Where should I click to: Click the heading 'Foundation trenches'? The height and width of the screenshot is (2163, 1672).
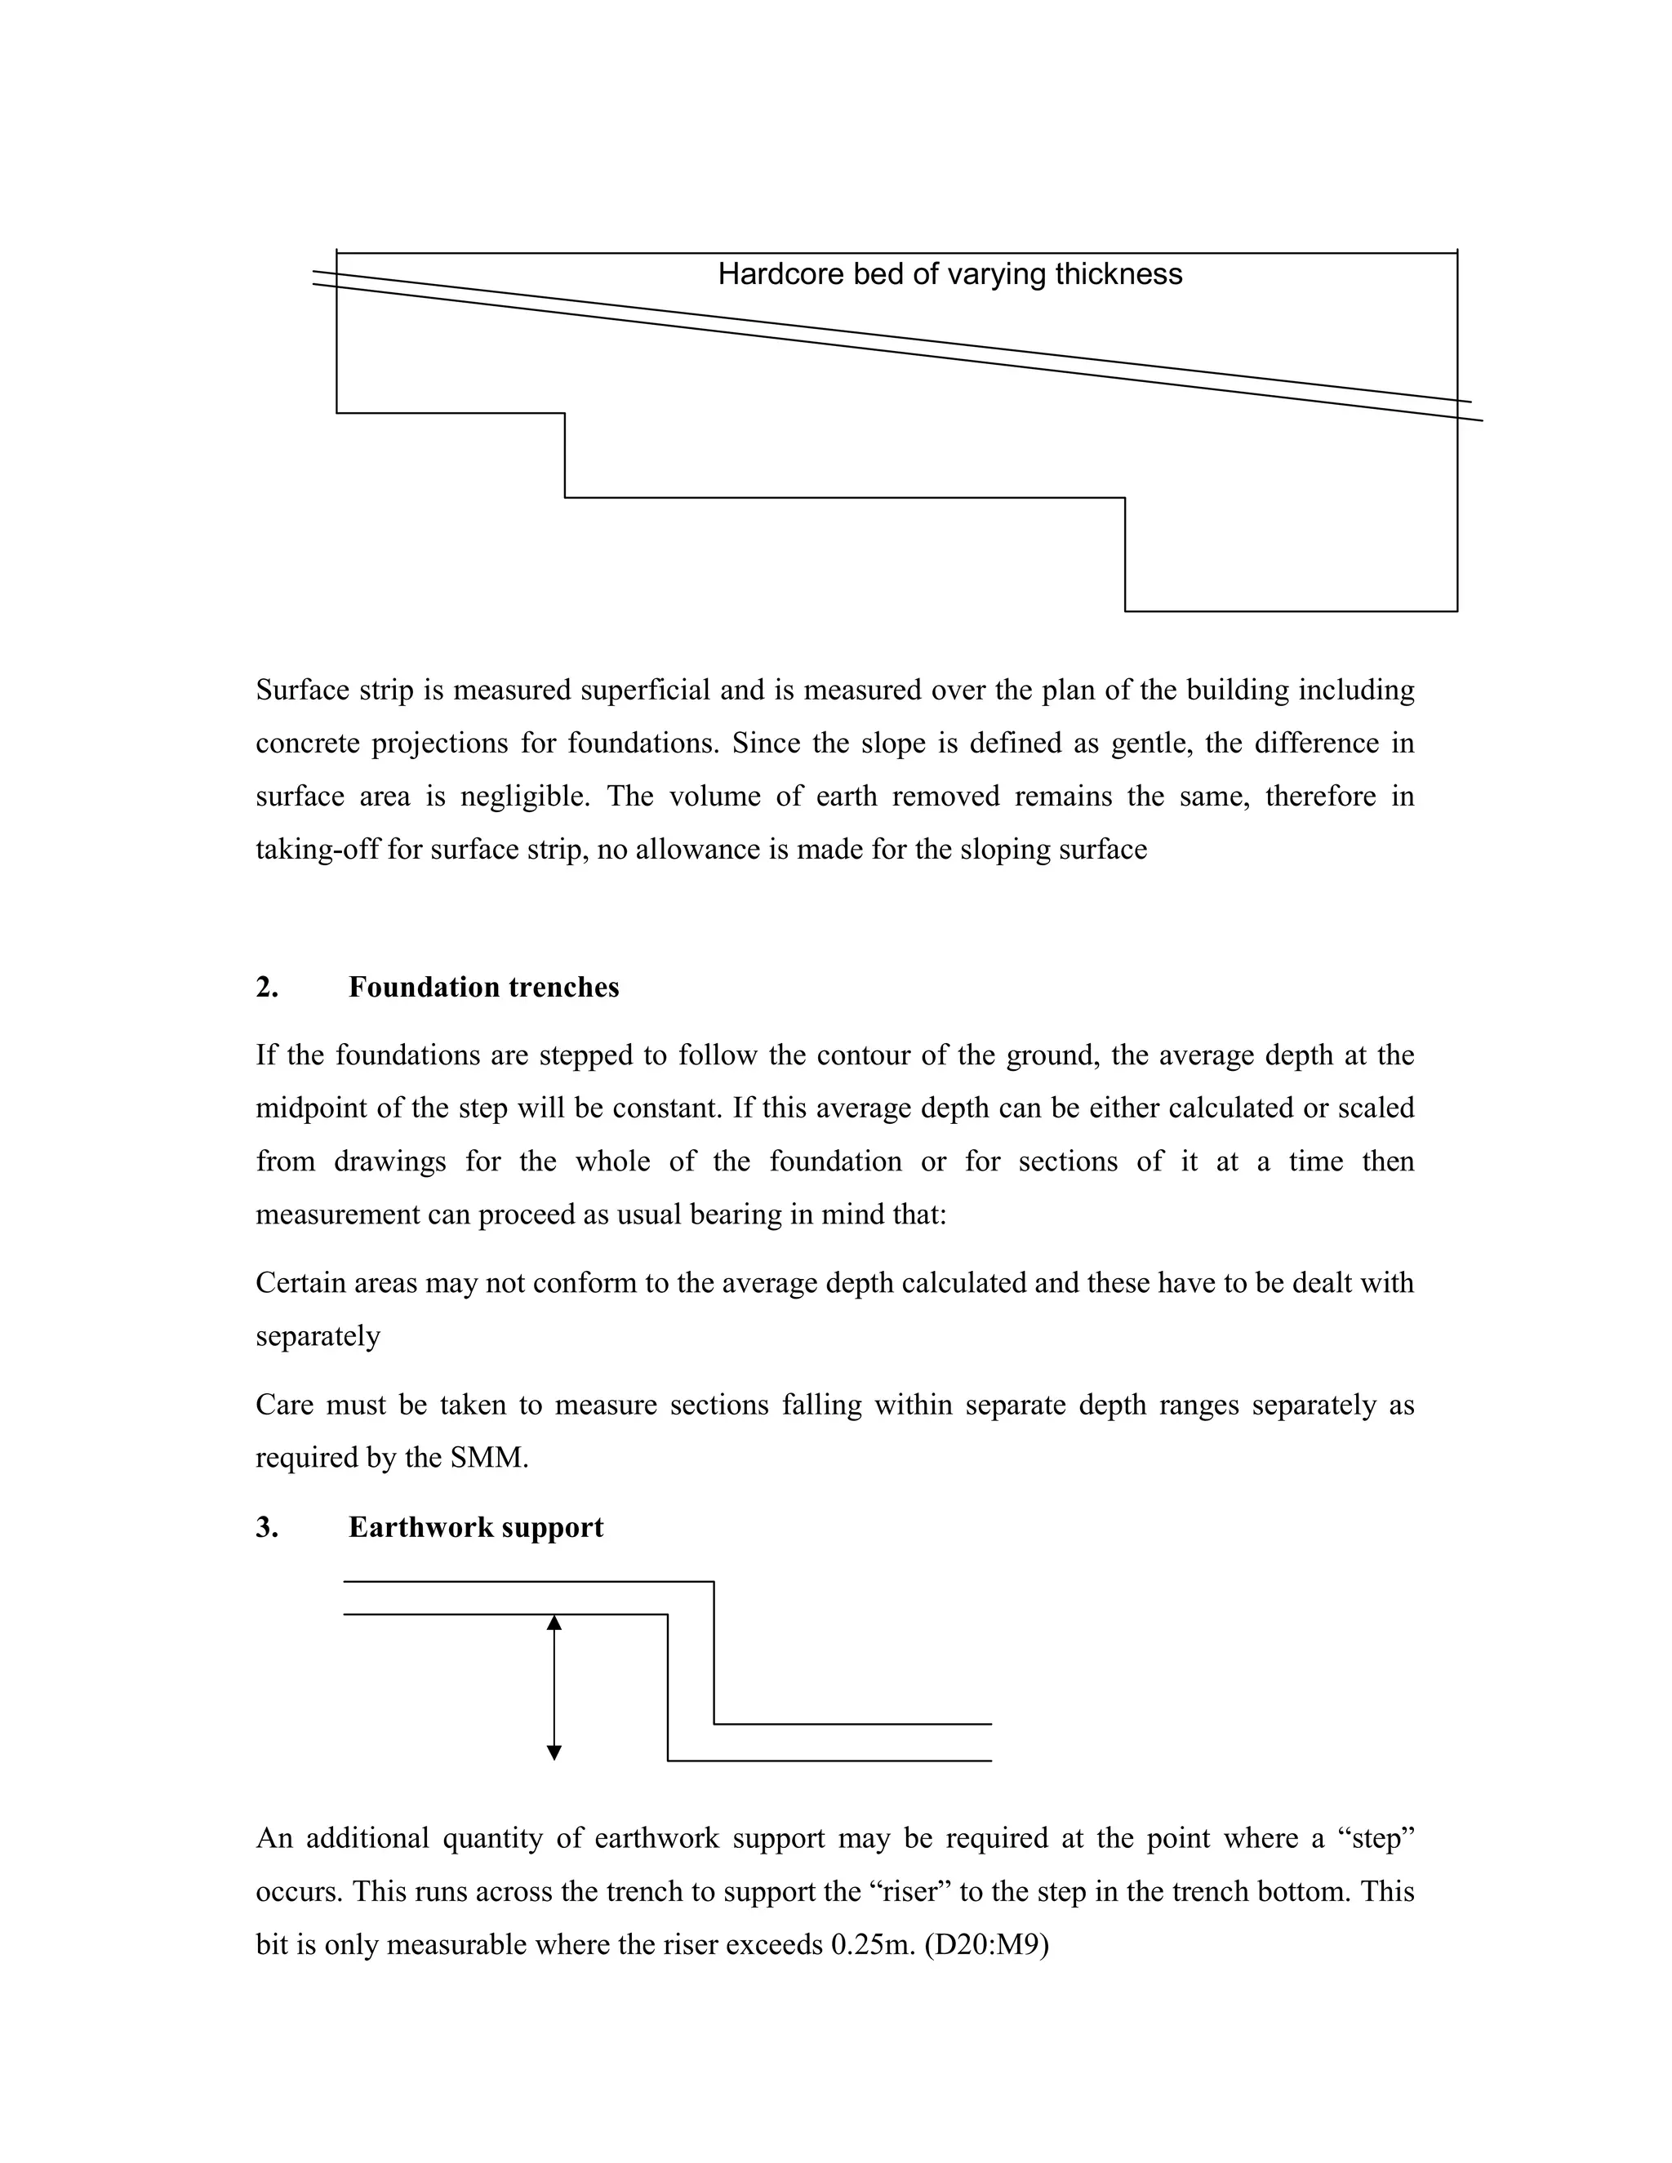coord(483,988)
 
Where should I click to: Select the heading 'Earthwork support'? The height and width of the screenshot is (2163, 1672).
coord(475,1527)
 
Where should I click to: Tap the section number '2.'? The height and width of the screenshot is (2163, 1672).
coord(266,988)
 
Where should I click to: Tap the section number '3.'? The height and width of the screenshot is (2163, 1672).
coord(266,1527)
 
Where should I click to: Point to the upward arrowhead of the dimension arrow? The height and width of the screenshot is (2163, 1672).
coord(554,1623)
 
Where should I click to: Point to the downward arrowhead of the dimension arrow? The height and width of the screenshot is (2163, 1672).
coord(554,1753)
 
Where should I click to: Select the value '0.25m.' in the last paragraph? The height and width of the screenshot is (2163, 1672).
coord(872,1944)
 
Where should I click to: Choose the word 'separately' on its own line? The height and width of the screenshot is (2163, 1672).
coord(318,1336)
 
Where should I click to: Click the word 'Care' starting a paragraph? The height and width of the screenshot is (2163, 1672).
coord(282,1405)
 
